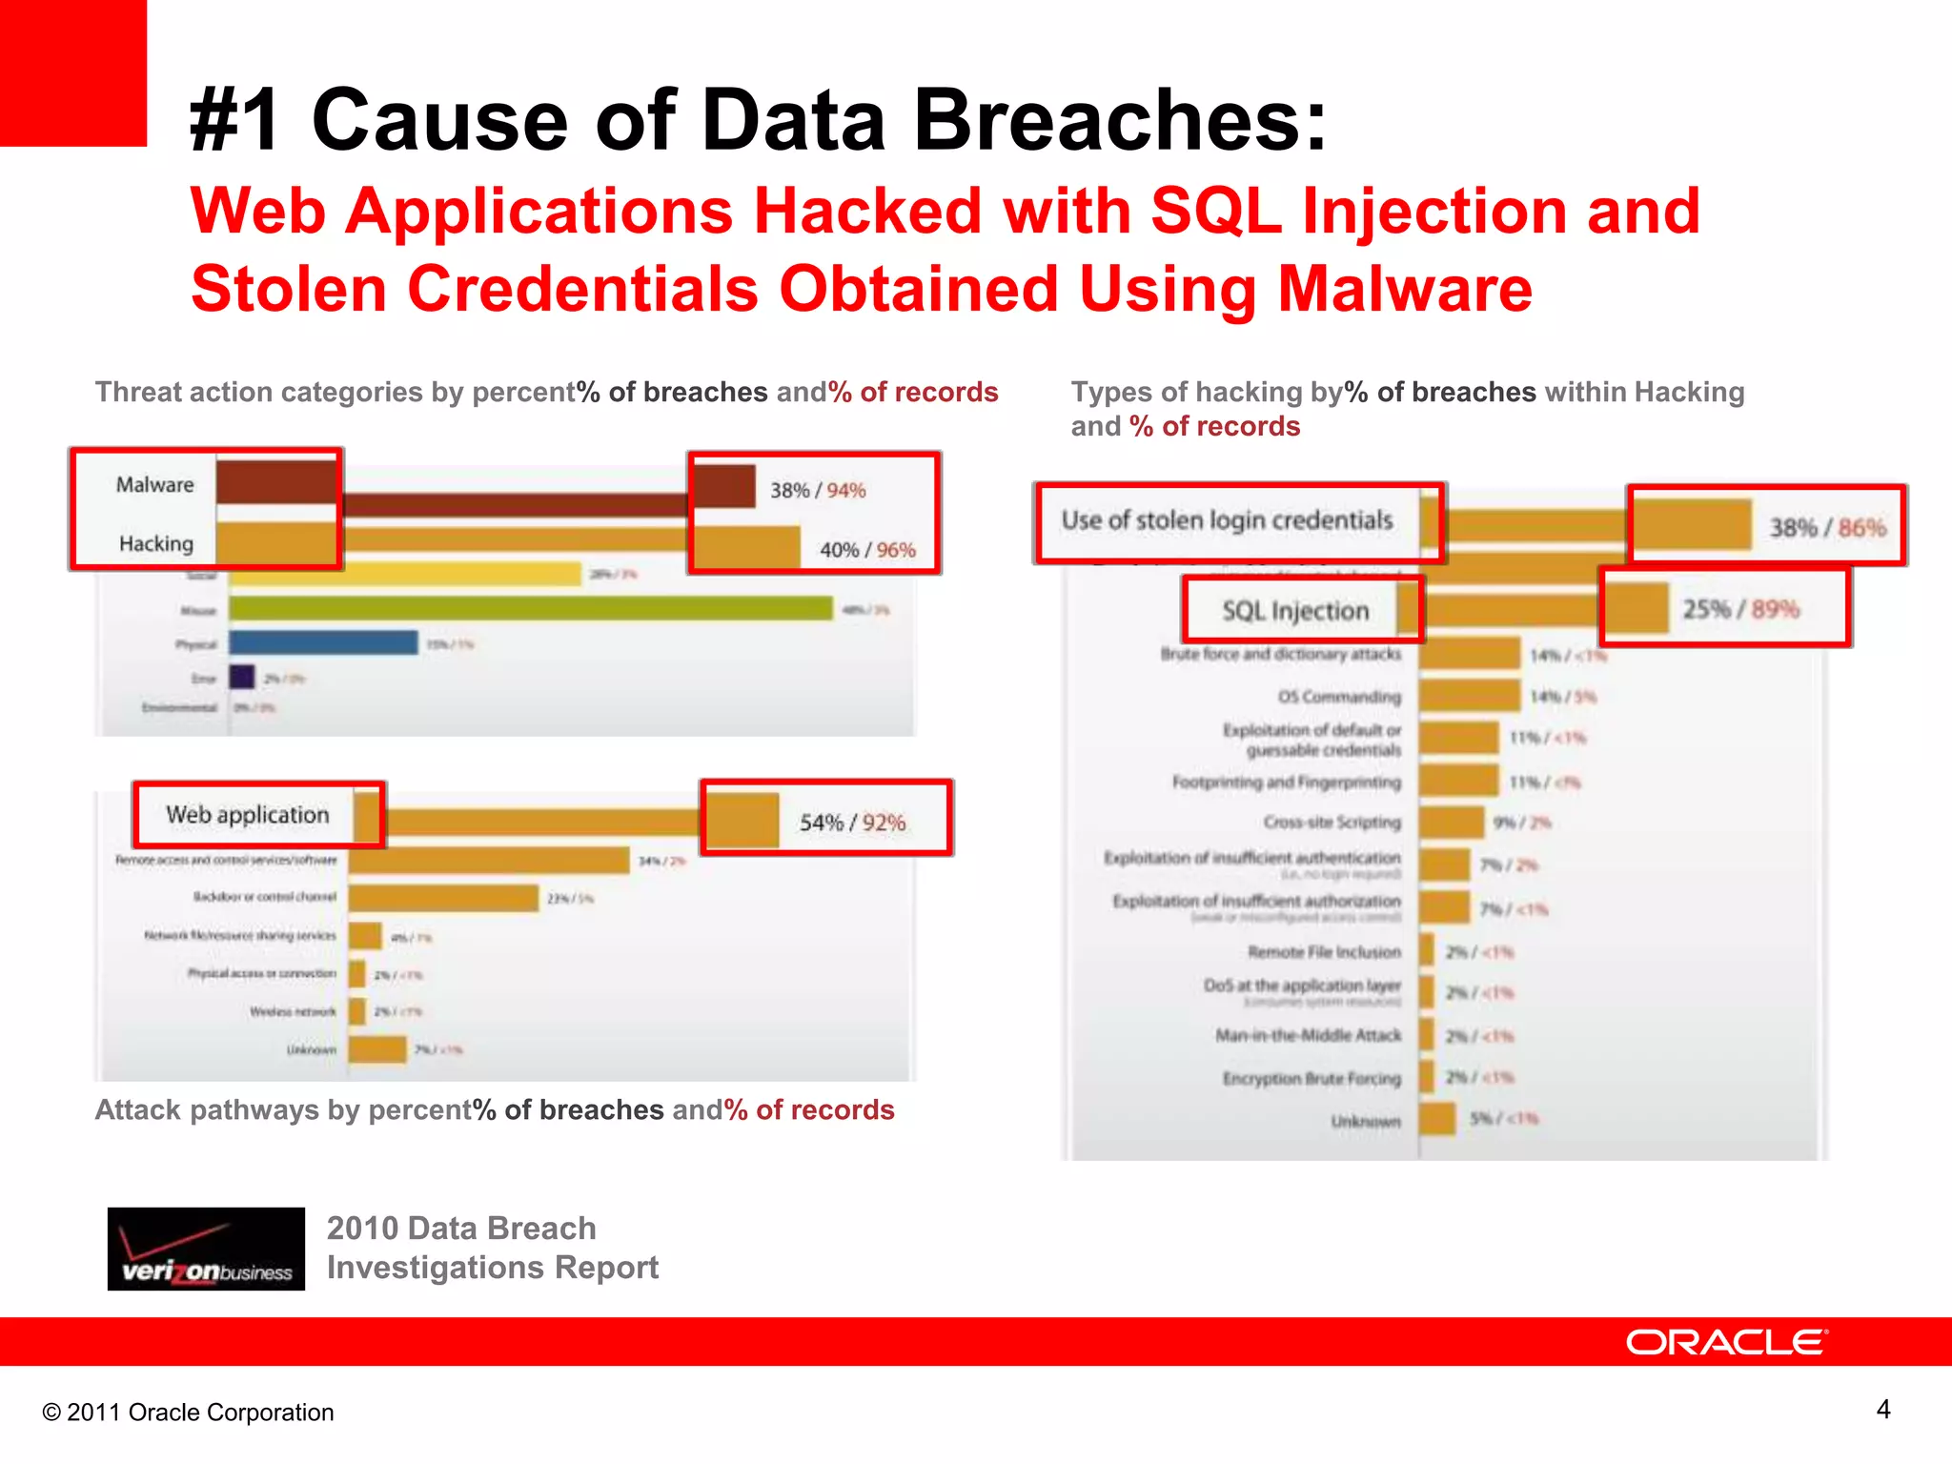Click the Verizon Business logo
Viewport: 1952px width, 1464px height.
pos(206,1249)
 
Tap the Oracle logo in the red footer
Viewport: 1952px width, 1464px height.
pos(1726,1342)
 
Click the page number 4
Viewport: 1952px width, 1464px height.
pos(1883,1409)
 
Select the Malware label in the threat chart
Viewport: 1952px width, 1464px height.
pos(154,484)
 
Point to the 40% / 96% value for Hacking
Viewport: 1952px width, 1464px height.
pos(867,550)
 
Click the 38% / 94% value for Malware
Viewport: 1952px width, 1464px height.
pos(818,490)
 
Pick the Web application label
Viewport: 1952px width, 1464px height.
pos(247,815)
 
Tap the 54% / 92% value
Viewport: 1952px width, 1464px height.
pos(852,822)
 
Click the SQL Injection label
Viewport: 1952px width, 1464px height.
pos(1295,611)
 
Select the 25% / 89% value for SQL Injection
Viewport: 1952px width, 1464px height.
pos(1740,609)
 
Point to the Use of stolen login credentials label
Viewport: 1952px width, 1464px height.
pos(1227,520)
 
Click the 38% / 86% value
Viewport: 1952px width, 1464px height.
pos(1827,527)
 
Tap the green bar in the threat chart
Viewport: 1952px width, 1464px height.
pos(530,608)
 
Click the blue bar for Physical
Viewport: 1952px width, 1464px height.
pos(323,643)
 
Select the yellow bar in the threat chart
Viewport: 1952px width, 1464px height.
pos(404,574)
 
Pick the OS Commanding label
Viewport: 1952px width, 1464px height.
pos(1339,697)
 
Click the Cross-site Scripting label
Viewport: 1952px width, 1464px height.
pos(1332,822)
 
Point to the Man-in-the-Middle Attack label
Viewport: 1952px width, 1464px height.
pos(1308,1035)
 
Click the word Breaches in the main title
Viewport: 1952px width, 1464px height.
pos(1120,120)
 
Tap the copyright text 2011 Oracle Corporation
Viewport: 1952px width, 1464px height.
pos(189,1413)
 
